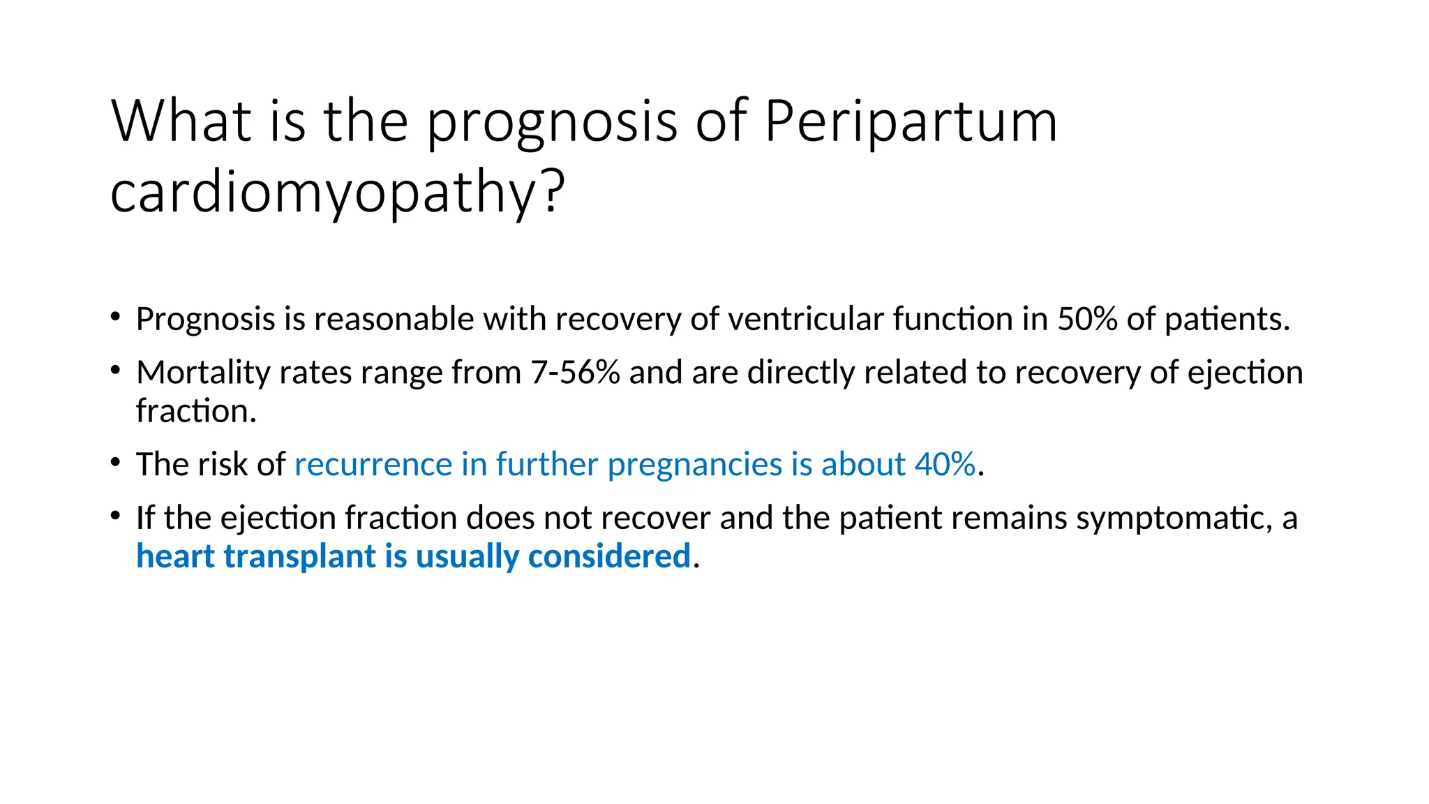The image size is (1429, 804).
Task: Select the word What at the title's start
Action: [x=181, y=121]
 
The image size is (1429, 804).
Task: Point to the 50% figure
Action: [x=1087, y=320]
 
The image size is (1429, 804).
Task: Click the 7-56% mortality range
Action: [x=575, y=373]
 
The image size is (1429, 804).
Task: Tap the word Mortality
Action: [x=203, y=373]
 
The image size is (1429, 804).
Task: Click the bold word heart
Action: [x=176, y=556]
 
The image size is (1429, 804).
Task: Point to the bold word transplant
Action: [x=300, y=558]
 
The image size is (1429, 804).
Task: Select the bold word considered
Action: [x=609, y=556]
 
